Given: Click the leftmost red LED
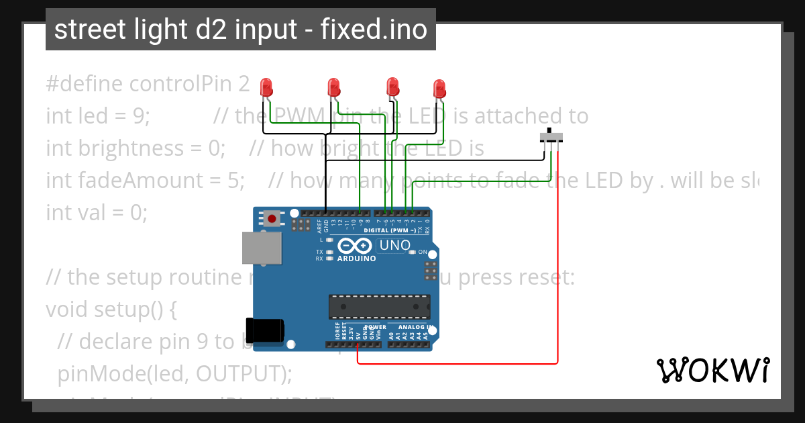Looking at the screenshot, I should [266, 87].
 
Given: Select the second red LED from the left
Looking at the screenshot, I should [333, 87].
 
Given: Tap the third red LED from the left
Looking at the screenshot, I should [393, 86].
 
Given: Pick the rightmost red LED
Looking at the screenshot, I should [439, 88].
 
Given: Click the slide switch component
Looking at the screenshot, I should [551, 138].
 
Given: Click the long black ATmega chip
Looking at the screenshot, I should [379, 306].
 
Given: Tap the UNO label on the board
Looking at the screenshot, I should [394, 245].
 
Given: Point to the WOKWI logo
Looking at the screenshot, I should [712, 370].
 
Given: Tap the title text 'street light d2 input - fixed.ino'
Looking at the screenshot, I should [240, 30].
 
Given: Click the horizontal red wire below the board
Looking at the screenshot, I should [456, 363].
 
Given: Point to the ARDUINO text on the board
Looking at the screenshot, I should [356, 258].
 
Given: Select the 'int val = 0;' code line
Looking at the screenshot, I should [96, 213].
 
